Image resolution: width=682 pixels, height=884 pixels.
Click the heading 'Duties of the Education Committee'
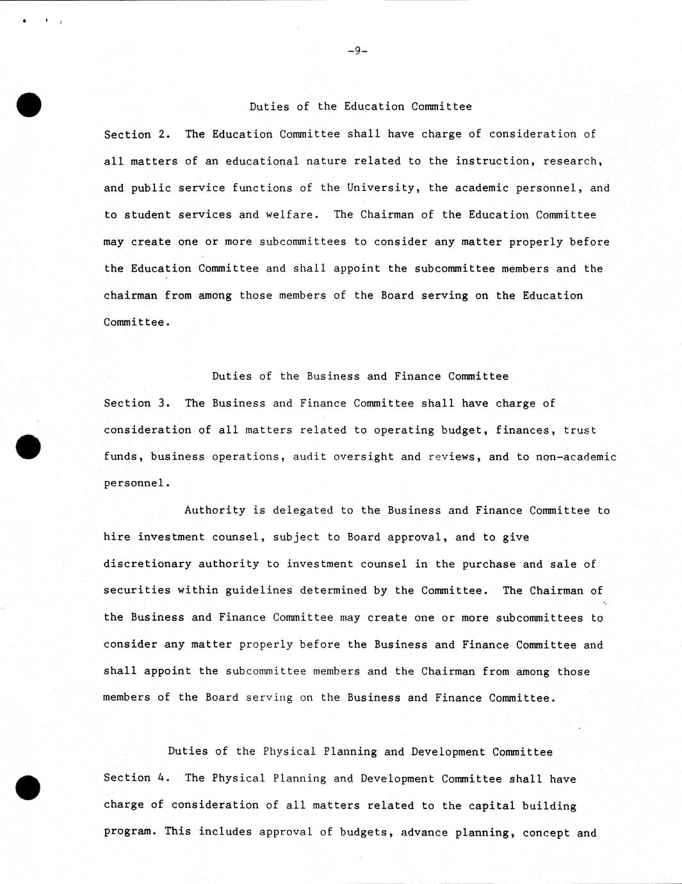click(x=361, y=107)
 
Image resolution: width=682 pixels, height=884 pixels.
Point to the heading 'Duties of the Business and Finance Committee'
click(x=360, y=377)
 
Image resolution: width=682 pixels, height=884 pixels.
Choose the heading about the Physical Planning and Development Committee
click(x=360, y=752)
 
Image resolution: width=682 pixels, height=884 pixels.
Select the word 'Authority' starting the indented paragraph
click(x=215, y=511)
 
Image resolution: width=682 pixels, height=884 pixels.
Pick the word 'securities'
click(x=137, y=591)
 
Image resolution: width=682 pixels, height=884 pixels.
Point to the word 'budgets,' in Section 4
click(x=367, y=833)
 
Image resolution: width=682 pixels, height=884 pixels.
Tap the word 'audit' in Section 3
click(x=310, y=457)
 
